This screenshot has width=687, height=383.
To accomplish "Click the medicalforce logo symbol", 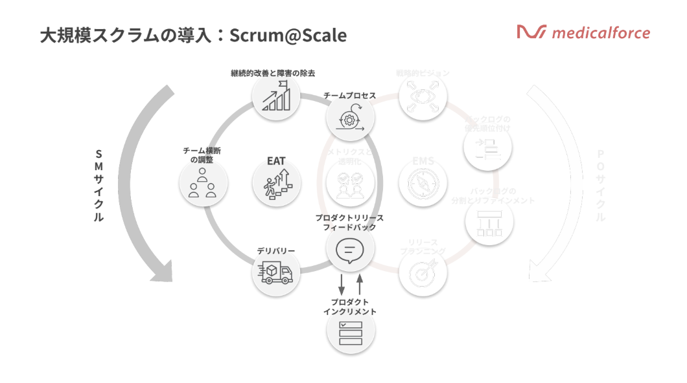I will [x=531, y=32].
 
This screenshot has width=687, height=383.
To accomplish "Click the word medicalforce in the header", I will [x=600, y=32].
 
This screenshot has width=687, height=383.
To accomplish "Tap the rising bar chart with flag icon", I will [x=275, y=99].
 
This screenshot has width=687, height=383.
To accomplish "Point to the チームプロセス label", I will [x=350, y=96].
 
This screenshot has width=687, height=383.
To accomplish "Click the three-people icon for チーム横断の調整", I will [x=203, y=183].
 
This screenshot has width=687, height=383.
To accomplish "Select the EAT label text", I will [x=276, y=161].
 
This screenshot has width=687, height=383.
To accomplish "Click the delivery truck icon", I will [x=275, y=272].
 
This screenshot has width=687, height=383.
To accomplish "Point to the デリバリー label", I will [x=276, y=250].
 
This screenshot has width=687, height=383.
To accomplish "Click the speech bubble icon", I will [x=350, y=249].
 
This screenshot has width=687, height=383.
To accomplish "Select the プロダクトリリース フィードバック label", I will [x=349, y=223].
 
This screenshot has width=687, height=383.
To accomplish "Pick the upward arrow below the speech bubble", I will [x=360, y=284].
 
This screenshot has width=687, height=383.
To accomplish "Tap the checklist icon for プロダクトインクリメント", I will [x=351, y=333].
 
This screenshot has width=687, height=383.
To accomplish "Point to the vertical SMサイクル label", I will [x=99, y=186].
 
